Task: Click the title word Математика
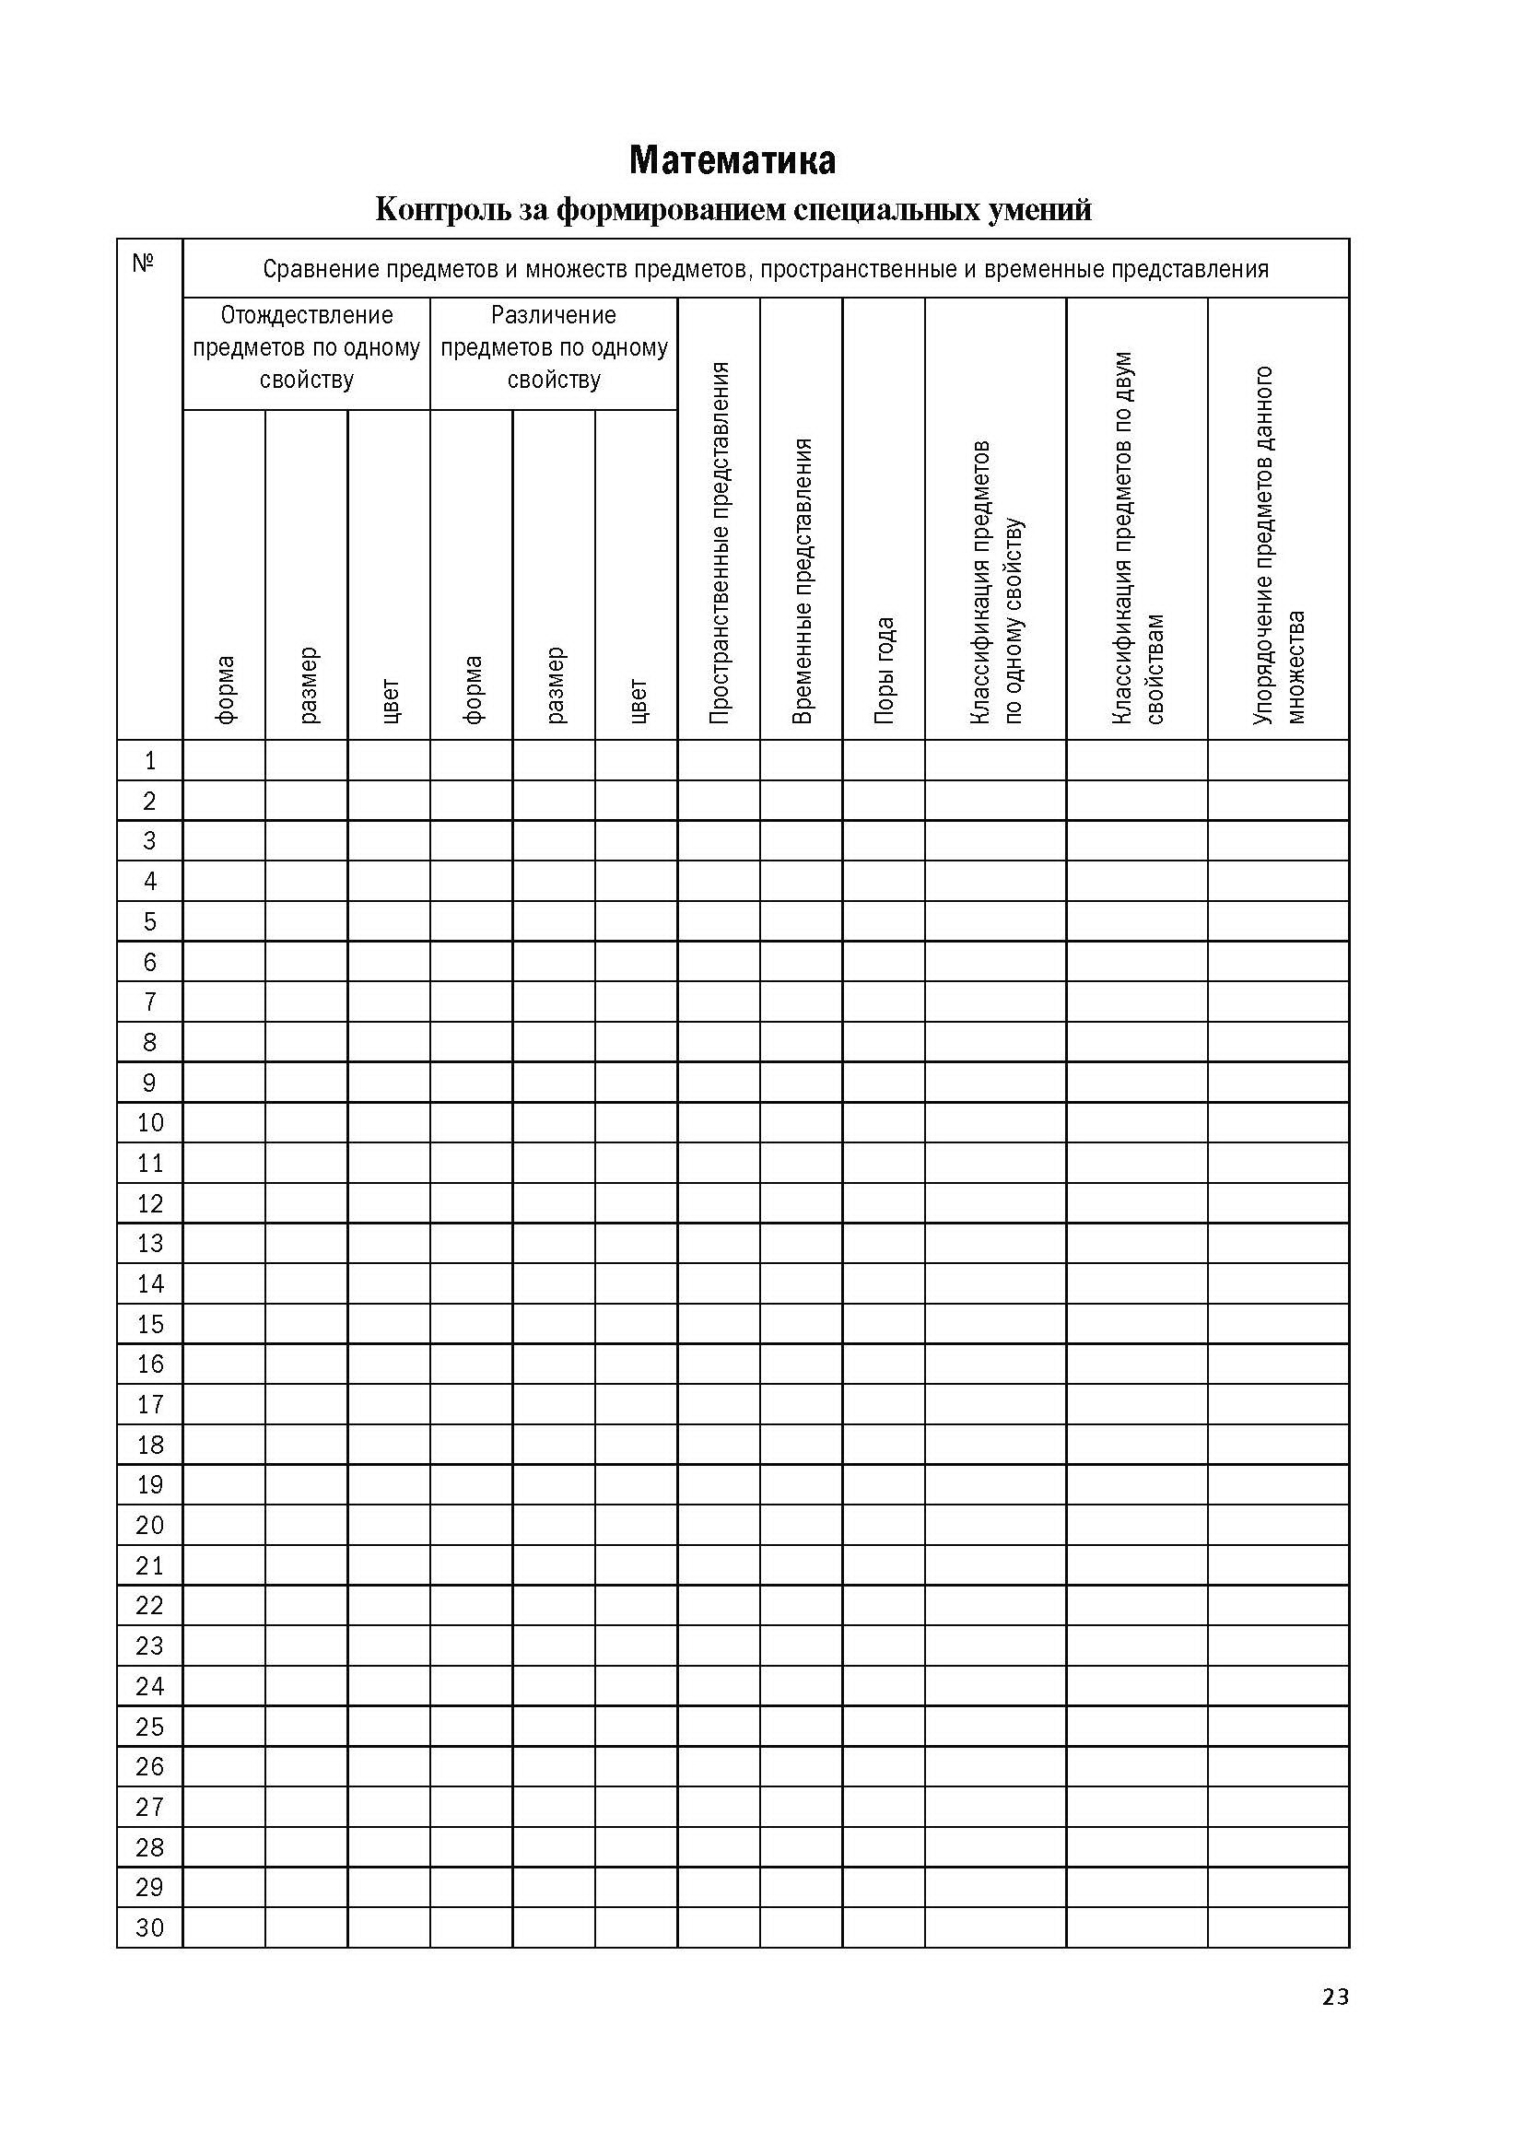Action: tap(732, 160)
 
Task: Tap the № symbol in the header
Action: tap(144, 264)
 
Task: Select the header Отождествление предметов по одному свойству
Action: tap(306, 348)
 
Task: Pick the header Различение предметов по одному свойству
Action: tap(554, 348)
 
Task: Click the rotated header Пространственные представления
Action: tap(720, 543)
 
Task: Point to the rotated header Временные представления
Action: tap(802, 580)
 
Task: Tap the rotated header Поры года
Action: tap(884, 669)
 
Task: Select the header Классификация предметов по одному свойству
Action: tap(996, 582)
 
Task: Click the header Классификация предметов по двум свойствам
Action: tap(1137, 538)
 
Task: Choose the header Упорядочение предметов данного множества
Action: tap(1278, 545)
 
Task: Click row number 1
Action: tap(150, 760)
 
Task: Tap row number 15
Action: tap(150, 1324)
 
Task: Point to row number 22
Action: tap(150, 1606)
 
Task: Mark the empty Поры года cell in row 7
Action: tap(884, 1002)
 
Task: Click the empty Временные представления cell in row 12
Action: tap(802, 1203)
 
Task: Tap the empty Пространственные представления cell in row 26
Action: tap(720, 1766)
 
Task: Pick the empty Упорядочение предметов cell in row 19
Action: tap(1278, 1485)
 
